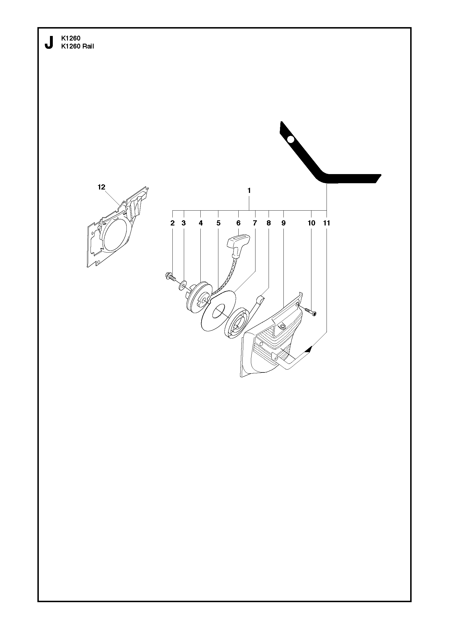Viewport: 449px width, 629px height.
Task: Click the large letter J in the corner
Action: [49, 42]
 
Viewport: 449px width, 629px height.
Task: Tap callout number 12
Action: [101, 187]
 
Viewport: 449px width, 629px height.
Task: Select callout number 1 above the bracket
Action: [249, 190]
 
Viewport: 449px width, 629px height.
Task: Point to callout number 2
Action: [172, 223]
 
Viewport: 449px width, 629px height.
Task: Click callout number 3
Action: [184, 223]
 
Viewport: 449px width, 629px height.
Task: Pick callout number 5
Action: [218, 223]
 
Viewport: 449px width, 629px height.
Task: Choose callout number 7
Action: [255, 223]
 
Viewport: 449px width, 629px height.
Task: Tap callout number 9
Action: [283, 223]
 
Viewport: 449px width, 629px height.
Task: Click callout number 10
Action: [311, 223]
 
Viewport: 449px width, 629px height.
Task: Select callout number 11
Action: [327, 223]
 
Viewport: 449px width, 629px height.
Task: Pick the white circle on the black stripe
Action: [291, 140]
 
